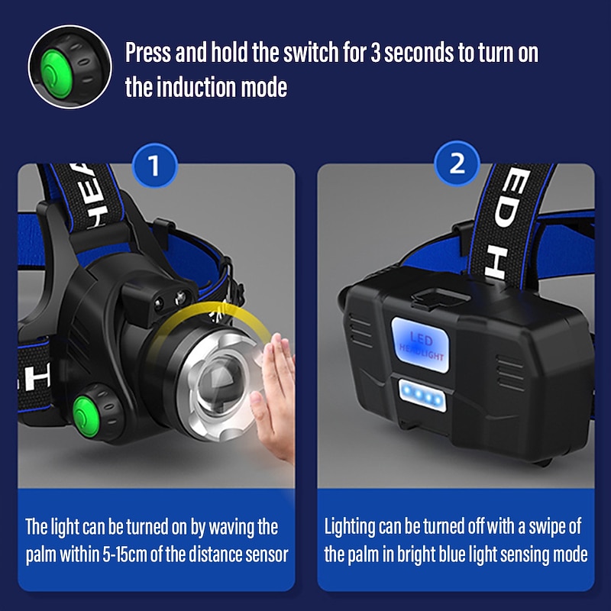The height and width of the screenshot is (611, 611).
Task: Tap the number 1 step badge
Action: pos(154,165)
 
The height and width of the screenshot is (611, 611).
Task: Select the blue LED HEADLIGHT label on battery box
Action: pos(421,343)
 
